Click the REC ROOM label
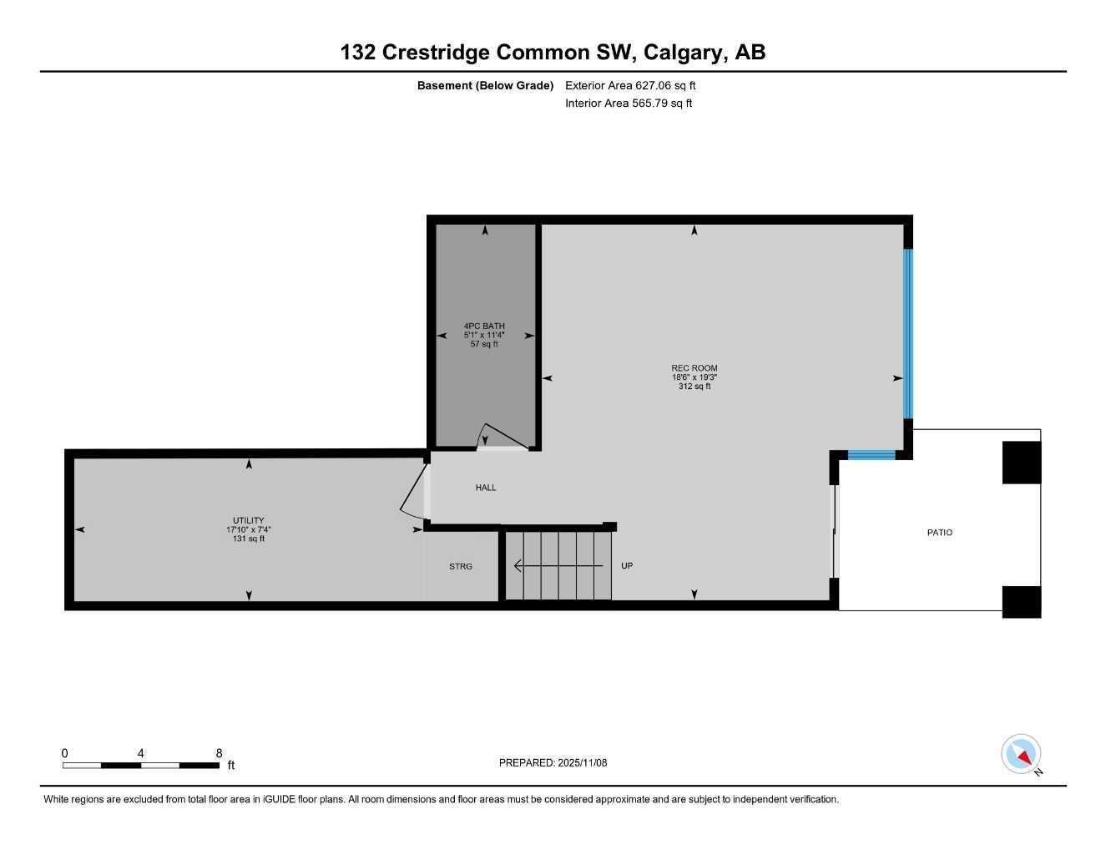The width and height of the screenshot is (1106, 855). [694, 368]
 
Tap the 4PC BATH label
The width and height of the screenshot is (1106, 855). [484, 326]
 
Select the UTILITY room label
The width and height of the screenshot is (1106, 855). [248, 520]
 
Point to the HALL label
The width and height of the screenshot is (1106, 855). [486, 488]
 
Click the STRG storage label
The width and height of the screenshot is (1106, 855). [461, 566]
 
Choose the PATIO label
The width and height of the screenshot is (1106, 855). [939, 533]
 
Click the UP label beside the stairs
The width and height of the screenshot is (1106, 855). [627, 566]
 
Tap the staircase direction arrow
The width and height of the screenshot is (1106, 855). [557, 566]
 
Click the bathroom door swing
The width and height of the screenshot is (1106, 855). [503, 437]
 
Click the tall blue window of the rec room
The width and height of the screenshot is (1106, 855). [908, 334]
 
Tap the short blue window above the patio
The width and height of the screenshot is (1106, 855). [871, 455]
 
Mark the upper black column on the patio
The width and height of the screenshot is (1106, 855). [1021, 463]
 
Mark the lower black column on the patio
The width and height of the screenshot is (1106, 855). [1021, 602]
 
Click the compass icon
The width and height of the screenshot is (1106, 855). [1021, 754]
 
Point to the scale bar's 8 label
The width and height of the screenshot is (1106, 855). [219, 753]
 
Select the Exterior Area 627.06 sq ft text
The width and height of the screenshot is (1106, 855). [630, 85]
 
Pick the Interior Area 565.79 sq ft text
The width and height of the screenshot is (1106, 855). [629, 104]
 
